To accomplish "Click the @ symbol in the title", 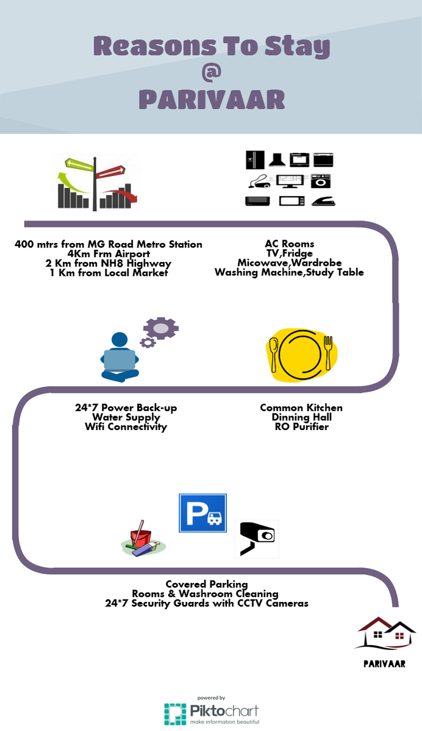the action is click(212, 72).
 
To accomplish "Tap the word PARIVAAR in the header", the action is click(212, 99).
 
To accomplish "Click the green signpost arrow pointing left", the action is click(79, 164).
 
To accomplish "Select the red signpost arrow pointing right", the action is click(110, 171).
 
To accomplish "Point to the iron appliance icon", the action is click(323, 202).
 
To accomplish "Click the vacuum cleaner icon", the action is click(259, 182).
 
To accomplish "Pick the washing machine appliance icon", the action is click(320, 181).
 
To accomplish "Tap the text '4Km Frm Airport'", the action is click(109, 253).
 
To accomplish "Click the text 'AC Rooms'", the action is click(290, 244).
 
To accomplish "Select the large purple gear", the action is click(161, 328).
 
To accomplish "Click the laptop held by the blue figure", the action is click(120, 360).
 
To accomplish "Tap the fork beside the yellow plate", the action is click(328, 353).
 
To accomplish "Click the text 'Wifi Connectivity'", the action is click(126, 426).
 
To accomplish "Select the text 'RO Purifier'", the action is click(301, 426).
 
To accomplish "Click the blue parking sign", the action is click(202, 513).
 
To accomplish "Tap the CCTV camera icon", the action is click(257, 539).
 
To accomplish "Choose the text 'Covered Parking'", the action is click(207, 584).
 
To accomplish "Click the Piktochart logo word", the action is click(224, 710).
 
